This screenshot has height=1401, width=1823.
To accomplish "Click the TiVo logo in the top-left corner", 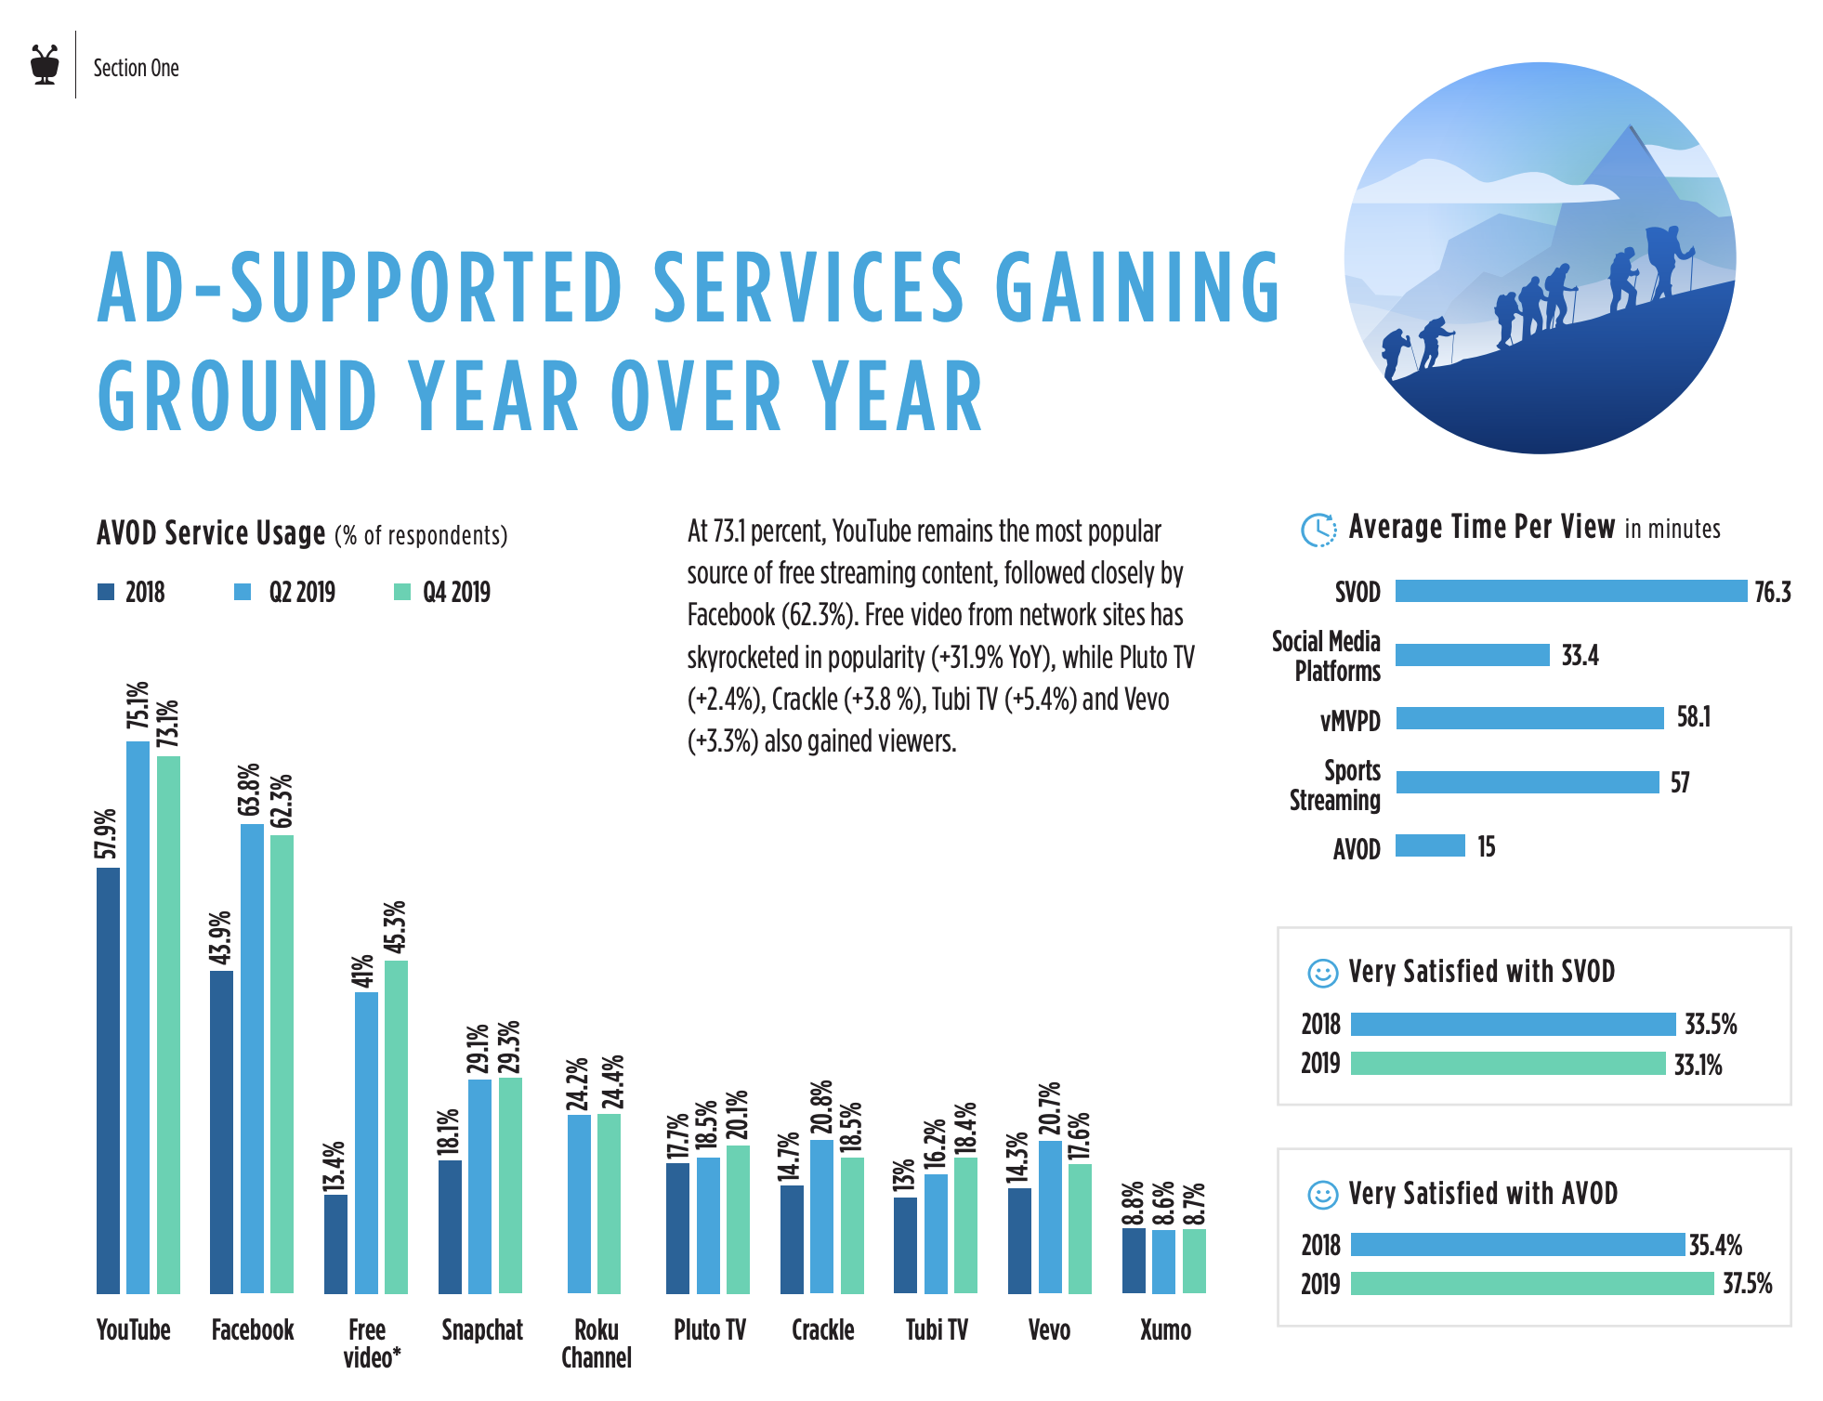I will tap(45, 64).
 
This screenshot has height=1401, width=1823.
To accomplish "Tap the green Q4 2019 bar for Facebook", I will tap(282, 1063).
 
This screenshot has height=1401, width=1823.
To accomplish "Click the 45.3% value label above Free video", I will tap(396, 926).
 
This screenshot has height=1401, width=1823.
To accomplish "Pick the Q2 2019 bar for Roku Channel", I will tap(579, 1203).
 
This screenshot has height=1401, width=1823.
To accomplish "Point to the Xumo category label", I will tap(1165, 1330).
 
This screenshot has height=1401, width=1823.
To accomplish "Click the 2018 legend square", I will tap(106, 592).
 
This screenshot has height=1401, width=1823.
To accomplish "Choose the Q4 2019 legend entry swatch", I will tap(402, 592).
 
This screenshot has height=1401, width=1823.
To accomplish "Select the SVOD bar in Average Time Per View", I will tap(1570, 591).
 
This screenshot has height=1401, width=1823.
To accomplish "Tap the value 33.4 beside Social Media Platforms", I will tap(1580, 656).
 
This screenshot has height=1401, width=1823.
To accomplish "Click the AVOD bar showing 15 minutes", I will tap(1430, 845).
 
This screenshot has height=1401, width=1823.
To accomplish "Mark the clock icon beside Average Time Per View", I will tap(1318, 530).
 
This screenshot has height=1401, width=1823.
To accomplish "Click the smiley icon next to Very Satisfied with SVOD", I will tap(1322, 973).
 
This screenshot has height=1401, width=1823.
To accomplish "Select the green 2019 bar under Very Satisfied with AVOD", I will tap(1531, 1284).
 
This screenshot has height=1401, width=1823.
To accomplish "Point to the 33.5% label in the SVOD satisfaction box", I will tap(1711, 1025).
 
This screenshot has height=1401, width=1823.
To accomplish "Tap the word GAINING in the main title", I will tap(1138, 288).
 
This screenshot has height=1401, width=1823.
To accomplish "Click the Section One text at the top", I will tap(136, 68).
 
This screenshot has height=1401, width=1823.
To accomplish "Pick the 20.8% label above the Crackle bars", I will tap(821, 1107).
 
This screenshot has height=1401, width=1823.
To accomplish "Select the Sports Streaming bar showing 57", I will tap(1527, 782).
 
